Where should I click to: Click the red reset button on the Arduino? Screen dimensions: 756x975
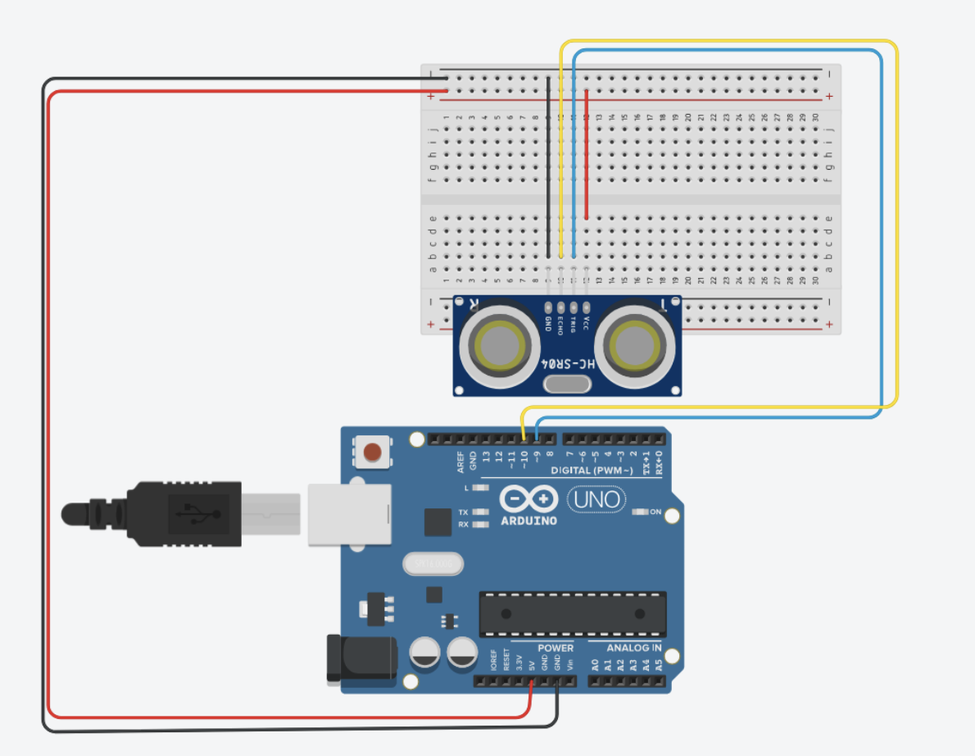pos(373,452)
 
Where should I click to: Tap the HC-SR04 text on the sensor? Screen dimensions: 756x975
pos(567,362)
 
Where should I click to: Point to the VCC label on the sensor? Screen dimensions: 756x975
pos(587,323)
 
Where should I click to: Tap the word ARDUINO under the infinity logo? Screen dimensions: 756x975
pos(528,520)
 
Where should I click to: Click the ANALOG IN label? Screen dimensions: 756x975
pos(633,648)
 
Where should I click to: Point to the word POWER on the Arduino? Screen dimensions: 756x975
pos(556,648)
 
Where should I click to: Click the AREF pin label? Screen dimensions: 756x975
pos(460,462)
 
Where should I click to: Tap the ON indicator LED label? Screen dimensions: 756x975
pos(655,512)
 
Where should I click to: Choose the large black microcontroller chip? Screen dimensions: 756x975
pos(572,613)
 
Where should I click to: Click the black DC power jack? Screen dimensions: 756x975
pos(361,659)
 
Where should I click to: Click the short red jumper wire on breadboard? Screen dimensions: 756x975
pos(587,155)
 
